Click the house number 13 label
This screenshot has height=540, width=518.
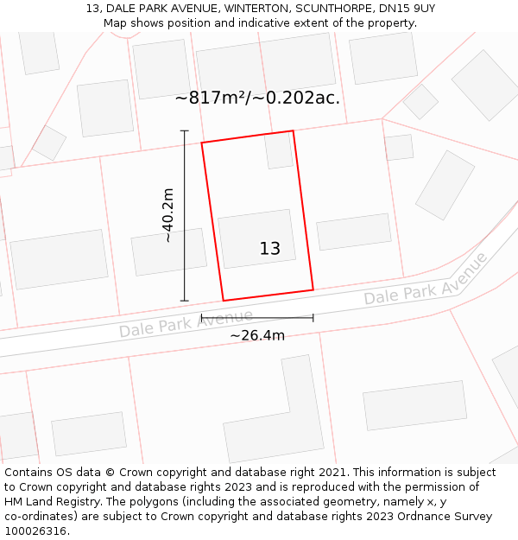coord(269,249)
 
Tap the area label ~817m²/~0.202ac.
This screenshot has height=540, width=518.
coord(257,98)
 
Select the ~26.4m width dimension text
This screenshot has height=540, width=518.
coord(257,335)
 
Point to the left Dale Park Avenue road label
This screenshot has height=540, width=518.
coord(186,323)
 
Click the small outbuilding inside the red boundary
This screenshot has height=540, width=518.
coord(279,150)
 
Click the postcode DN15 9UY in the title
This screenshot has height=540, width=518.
coord(406,9)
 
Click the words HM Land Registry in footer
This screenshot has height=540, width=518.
coord(43,502)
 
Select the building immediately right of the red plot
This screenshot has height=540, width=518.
coord(354,232)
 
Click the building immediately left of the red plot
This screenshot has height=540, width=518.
coord(169,251)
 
